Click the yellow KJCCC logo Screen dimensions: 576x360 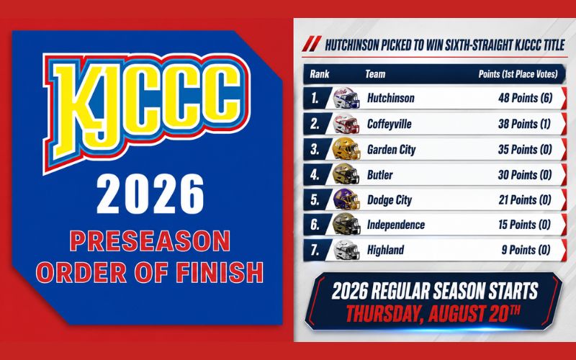click(146, 110)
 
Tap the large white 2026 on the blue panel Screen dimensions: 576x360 click(150, 194)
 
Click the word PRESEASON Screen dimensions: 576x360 click(150, 240)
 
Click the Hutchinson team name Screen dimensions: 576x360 click(390, 98)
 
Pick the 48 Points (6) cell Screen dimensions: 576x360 click(526, 98)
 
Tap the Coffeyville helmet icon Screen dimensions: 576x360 click(346, 124)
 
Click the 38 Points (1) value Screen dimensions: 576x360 click(525, 124)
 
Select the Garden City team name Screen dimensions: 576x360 click(391, 150)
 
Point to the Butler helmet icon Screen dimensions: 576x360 click(346, 174)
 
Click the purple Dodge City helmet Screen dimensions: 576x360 click(346, 199)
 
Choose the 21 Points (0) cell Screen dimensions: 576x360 click(525, 200)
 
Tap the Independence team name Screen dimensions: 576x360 click(396, 225)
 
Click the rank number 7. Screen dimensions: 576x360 click(315, 250)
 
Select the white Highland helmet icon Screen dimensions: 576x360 click(346, 250)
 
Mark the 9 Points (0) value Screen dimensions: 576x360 click(526, 250)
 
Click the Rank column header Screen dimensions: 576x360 click(319, 74)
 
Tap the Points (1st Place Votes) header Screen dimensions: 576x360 click(518, 74)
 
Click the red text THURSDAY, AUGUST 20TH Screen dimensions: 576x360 click(433, 313)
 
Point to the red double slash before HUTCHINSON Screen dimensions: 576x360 click(312, 44)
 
